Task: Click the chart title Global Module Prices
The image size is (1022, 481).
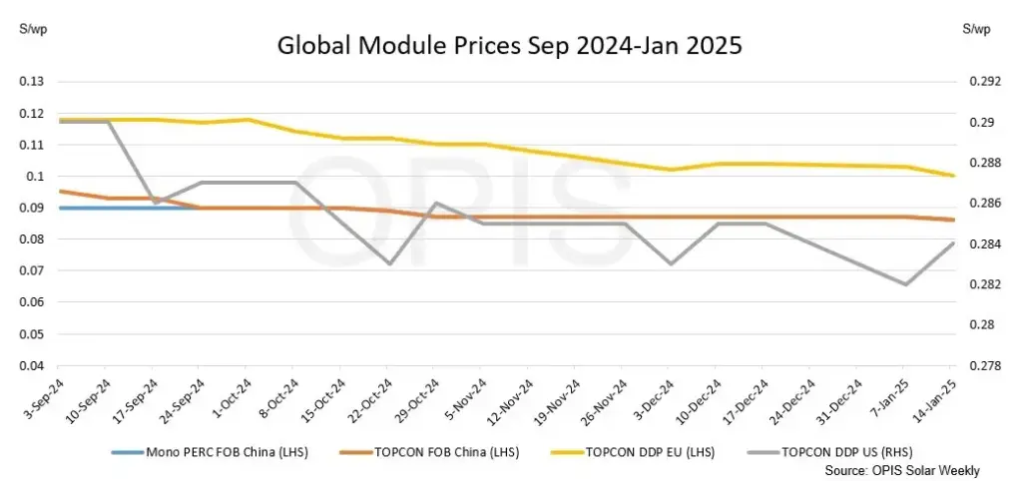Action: point(510,47)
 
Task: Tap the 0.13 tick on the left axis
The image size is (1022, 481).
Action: point(31,82)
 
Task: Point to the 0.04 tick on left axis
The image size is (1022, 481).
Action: point(31,366)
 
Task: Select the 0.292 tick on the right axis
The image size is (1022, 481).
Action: point(982,82)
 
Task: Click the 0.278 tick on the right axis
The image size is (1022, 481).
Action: point(982,366)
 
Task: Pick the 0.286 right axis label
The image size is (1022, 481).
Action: point(982,204)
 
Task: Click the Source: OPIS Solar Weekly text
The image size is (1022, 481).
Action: point(902,469)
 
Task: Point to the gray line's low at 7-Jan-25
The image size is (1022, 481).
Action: point(905,284)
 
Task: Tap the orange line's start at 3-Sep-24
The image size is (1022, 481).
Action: point(60,191)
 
